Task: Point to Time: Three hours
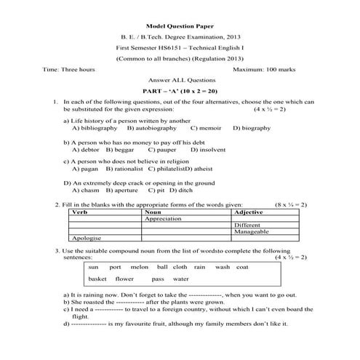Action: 68,69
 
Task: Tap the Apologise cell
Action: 87,238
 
